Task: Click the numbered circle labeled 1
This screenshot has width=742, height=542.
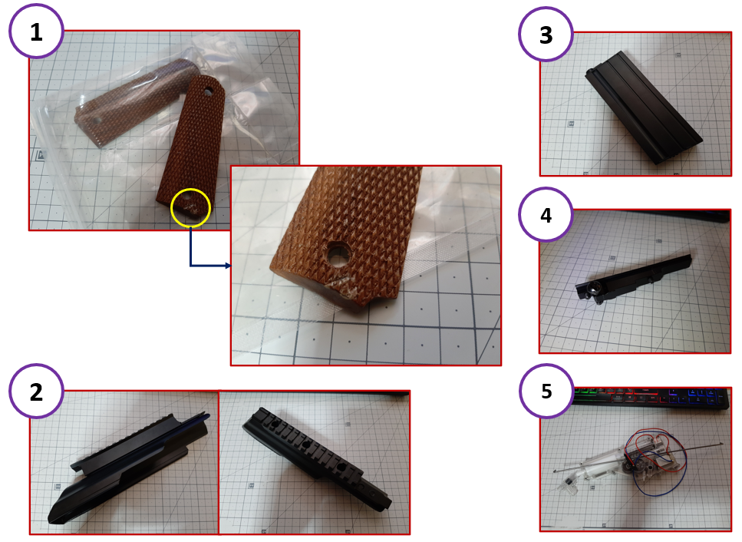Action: point(36,31)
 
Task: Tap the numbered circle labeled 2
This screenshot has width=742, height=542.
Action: point(36,391)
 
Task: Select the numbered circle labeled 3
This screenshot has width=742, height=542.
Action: point(546,34)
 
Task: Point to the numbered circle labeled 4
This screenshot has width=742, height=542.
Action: point(546,214)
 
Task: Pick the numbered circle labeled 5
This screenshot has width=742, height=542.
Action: point(546,391)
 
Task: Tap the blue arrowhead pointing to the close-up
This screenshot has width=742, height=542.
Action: point(228,266)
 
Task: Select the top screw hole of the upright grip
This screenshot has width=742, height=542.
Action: point(208,91)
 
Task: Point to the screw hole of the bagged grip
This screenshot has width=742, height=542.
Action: point(97,121)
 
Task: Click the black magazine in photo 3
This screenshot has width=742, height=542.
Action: point(645,107)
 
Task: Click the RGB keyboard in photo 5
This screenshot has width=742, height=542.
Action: point(651,398)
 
